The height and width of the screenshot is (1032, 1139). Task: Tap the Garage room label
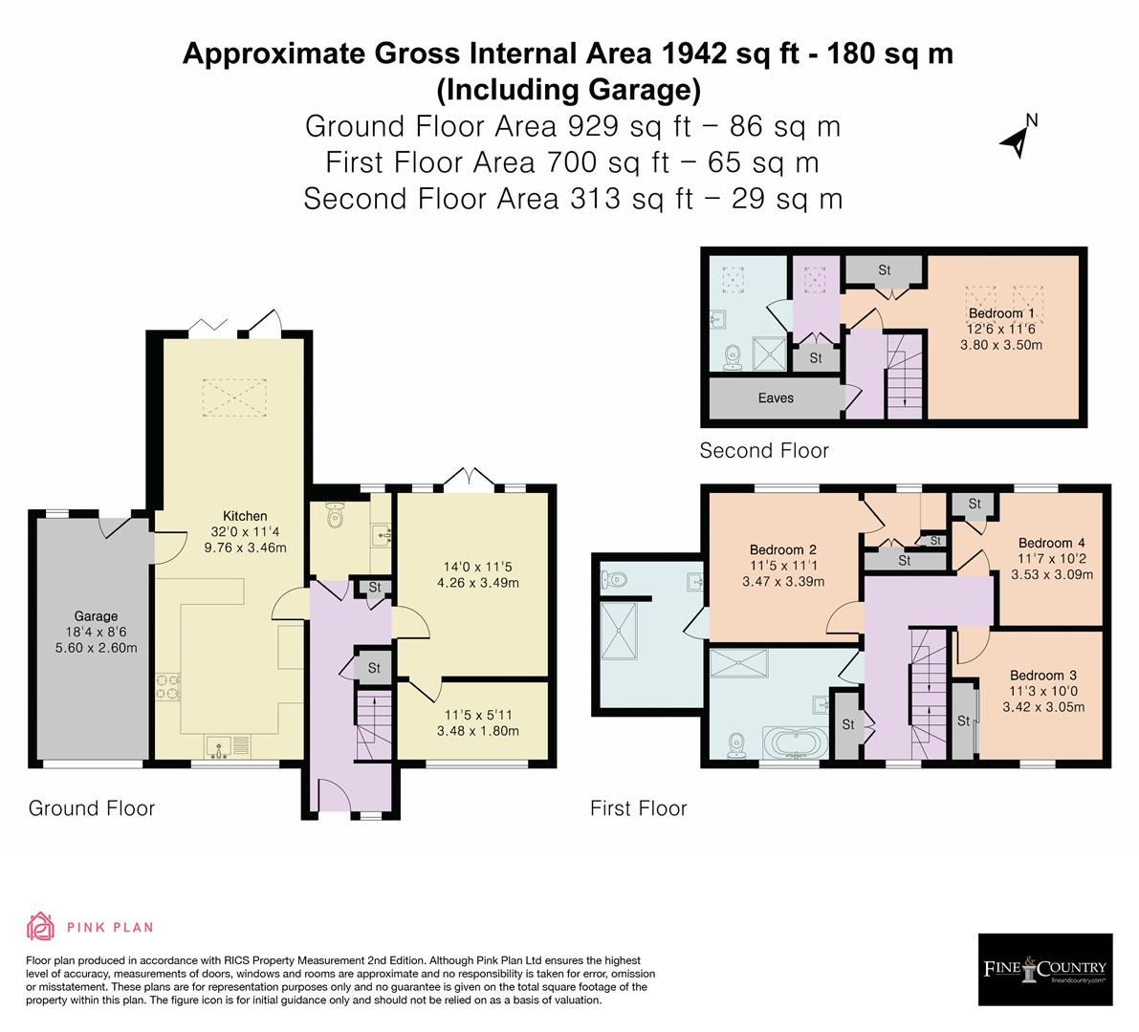(x=97, y=616)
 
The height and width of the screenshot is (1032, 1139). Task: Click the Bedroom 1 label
(x=1000, y=312)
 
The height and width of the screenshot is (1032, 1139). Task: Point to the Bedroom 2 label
(x=782, y=549)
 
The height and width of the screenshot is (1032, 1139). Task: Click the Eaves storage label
(x=776, y=398)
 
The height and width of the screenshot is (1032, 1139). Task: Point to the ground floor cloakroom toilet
(x=334, y=516)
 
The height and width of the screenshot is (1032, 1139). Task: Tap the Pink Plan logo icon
(x=41, y=927)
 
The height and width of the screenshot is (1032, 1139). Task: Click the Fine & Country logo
(x=1045, y=969)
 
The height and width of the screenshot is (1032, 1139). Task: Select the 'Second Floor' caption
(x=763, y=450)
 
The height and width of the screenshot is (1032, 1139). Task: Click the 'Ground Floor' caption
(x=91, y=808)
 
